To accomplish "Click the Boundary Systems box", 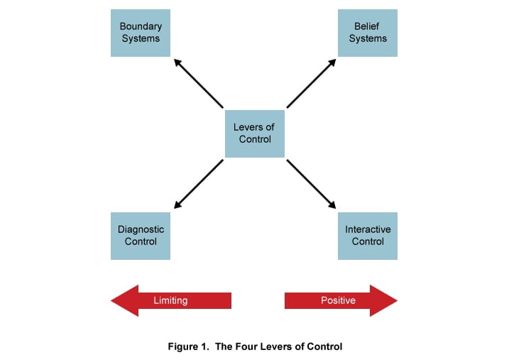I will pyautogui.click(x=141, y=33).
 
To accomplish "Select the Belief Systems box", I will pyautogui.click(x=367, y=33).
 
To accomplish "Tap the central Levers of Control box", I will pyautogui.click(x=254, y=133).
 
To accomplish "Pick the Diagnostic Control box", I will pyautogui.click(x=141, y=236).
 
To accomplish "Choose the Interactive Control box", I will pyautogui.click(x=367, y=236).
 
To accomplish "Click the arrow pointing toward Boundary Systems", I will pyautogui.click(x=198, y=83).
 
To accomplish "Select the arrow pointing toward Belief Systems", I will pyautogui.click(x=311, y=83).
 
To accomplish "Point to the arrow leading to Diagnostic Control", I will pyautogui.click(x=198, y=184).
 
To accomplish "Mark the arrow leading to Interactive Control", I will pyautogui.click(x=311, y=184).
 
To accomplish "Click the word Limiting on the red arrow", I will pyautogui.click(x=170, y=300).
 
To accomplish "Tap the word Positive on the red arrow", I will pyautogui.click(x=338, y=300).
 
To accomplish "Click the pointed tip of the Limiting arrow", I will pyautogui.click(x=114, y=300).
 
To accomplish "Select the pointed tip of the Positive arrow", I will pyautogui.click(x=394, y=300).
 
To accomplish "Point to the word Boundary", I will pyautogui.click(x=141, y=26).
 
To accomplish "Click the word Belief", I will pyautogui.click(x=367, y=26).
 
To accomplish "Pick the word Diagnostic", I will pyautogui.click(x=141, y=229).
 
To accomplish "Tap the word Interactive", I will pyautogui.click(x=368, y=229).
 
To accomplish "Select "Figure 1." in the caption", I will pyautogui.click(x=187, y=347).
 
